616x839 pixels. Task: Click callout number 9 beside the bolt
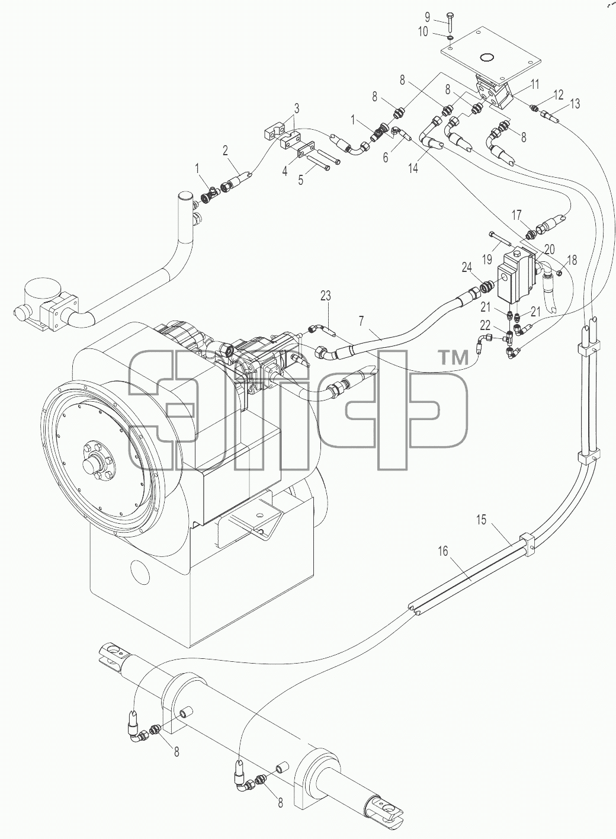tap(428, 17)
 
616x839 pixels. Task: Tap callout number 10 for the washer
tap(423, 32)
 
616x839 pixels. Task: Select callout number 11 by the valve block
tap(534, 84)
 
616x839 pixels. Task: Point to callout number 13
tap(575, 103)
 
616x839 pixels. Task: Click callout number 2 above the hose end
tap(225, 150)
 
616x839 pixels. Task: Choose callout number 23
tap(325, 296)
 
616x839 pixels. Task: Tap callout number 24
tap(467, 267)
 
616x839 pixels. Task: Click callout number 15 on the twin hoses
tap(481, 520)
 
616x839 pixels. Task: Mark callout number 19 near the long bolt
tap(487, 259)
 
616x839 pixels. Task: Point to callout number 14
tap(413, 168)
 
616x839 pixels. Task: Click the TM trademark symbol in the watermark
tap(454, 358)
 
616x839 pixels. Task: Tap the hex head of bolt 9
tap(450, 15)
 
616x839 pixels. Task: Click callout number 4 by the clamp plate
tap(285, 172)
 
